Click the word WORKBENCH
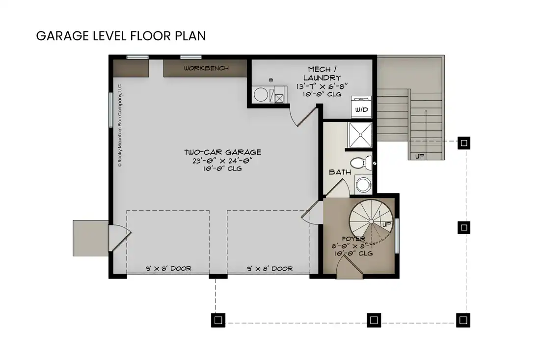pos(206,68)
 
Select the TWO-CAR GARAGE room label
pos(223,152)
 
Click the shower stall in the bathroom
pos(360,134)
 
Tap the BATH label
pos(339,172)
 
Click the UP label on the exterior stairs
pos(419,156)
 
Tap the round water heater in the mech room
pos(261,94)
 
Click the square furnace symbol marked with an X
pos(279,98)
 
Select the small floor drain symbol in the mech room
pos(270,80)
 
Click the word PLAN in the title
pos(189,36)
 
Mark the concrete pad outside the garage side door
pos(90,238)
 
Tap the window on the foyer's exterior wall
pos(397,235)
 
